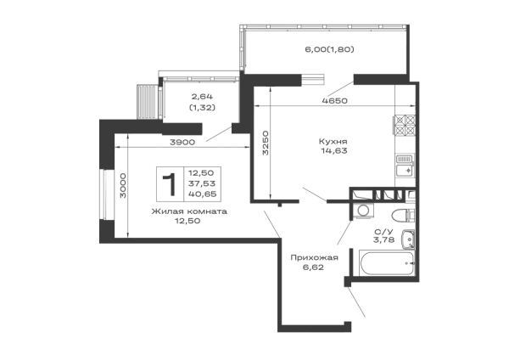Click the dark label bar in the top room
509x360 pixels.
click(x=329, y=48)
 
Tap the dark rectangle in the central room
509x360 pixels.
click(x=336, y=145)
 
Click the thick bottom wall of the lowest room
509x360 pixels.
click(x=312, y=326)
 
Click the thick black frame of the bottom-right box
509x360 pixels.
click(x=386, y=250)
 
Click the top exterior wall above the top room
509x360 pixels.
click(x=326, y=25)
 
